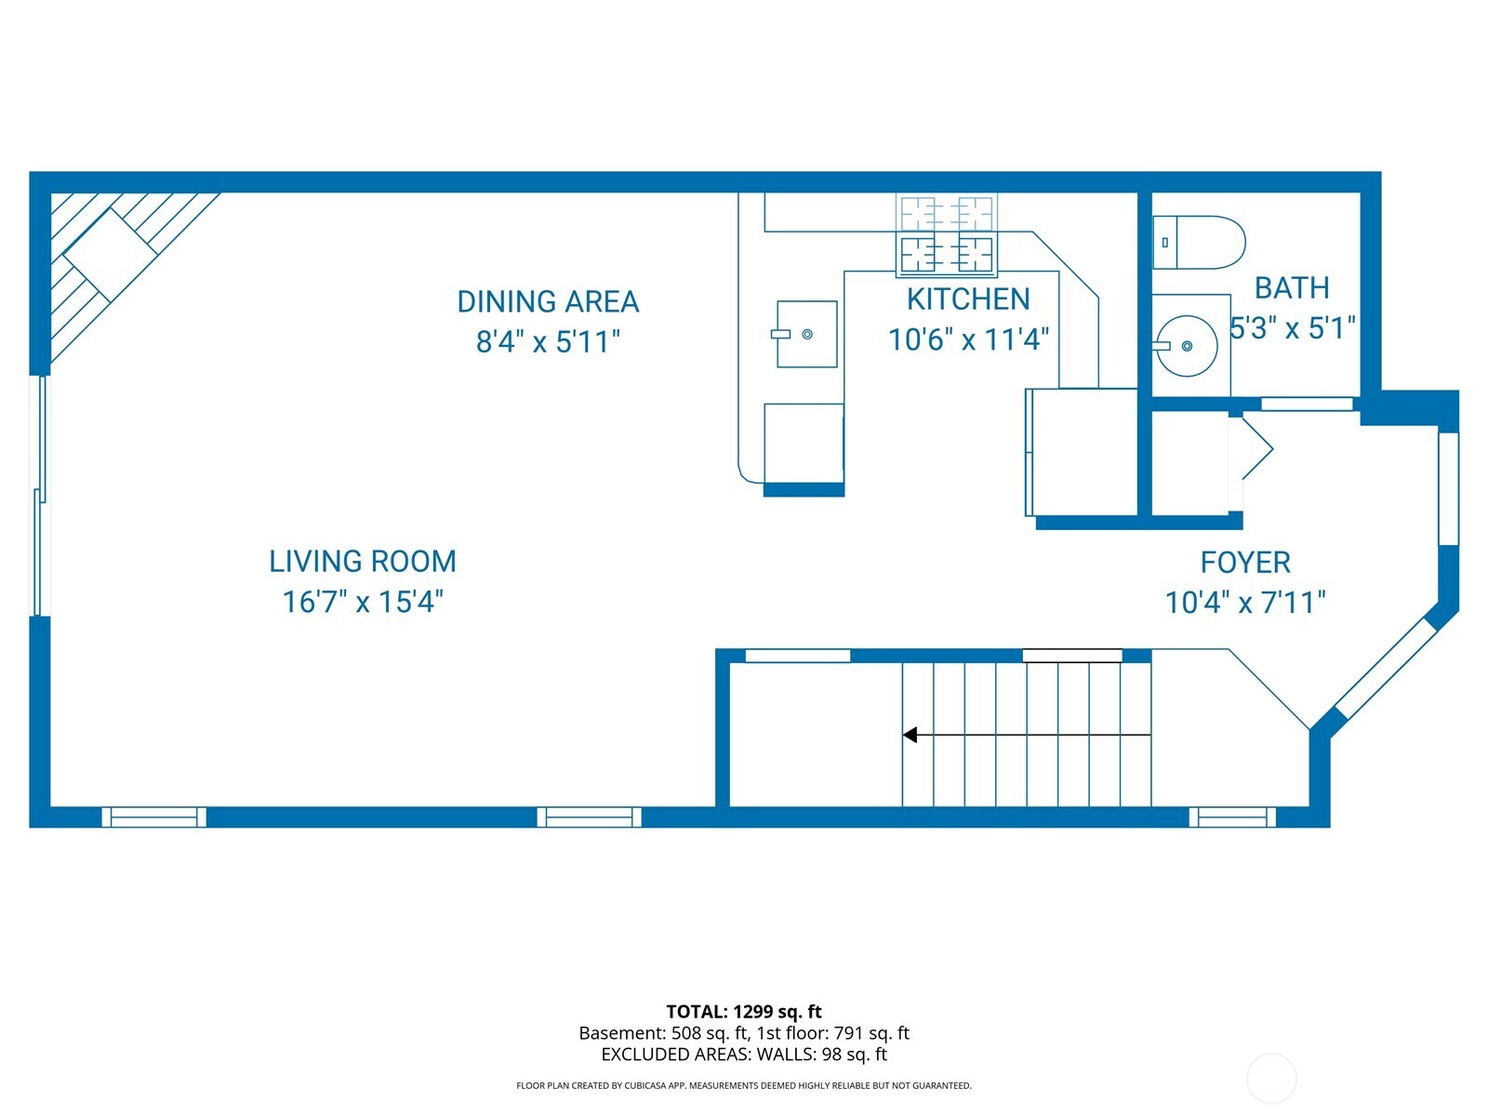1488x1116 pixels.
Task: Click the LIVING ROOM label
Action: (x=363, y=562)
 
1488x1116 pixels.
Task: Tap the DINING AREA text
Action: (x=548, y=302)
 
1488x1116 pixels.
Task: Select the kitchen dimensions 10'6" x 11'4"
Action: (x=968, y=339)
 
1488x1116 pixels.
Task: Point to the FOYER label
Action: (x=1245, y=563)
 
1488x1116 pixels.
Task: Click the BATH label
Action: (x=1292, y=288)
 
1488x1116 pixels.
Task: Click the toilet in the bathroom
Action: (x=1199, y=243)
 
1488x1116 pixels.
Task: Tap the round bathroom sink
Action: (x=1186, y=346)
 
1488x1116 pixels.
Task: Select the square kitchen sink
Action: (x=806, y=334)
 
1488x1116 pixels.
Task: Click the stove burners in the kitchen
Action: (x=946, y=254)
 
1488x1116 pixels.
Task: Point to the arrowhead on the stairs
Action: (x=910, y=735)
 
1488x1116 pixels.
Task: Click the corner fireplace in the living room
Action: (x=110, y=254)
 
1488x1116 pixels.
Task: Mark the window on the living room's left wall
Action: (x=39, y=496)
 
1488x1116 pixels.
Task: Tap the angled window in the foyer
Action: (x=1387, y=670)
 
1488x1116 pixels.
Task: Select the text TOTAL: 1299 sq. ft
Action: (x=744, y=1012)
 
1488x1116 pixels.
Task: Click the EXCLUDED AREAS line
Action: (x=744, y=1055)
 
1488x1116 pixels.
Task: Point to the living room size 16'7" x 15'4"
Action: (x=363, y=602)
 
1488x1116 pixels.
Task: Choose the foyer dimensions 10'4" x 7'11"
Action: (x=1245, y=603)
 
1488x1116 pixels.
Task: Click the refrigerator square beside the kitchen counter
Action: (x=1082, y=451)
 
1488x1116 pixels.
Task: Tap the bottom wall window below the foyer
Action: (x=1232, y=817)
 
